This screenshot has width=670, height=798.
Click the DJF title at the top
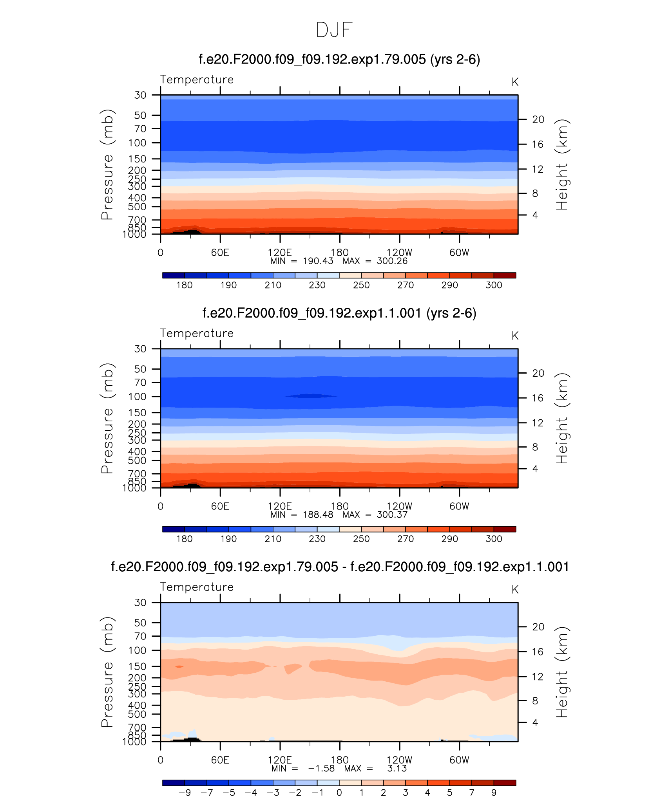tap(334, 30)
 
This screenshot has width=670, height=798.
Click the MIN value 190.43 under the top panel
tap(318, 261)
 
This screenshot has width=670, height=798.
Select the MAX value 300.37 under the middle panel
tap(392, 515)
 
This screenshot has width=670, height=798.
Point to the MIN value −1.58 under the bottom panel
tap(321, 769)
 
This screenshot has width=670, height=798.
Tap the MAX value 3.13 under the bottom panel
tap(397, 769)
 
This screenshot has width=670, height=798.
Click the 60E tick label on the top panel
tap(220, 253)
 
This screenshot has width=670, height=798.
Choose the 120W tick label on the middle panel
tap(399, 506)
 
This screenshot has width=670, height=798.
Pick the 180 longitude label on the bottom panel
tap(339, 760)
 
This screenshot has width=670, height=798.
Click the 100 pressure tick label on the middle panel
tap(137, 397)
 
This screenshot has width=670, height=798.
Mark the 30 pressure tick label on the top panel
tap(140, 95)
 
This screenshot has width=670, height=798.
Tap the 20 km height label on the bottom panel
tap(538, 627)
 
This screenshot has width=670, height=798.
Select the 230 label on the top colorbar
tap(317, 285)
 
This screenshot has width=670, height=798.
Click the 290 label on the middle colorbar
tap(449, 539)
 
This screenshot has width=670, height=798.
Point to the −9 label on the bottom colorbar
tap(185, 793)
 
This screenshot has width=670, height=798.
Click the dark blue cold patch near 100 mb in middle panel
tap(311, 396)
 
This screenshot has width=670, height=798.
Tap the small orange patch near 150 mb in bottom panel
tap(179, 666)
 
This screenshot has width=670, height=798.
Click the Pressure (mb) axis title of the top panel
tap(107, 164)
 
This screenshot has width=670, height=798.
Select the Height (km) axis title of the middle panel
tap(561, 418)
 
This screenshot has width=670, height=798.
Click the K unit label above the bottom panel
tap(515, 590)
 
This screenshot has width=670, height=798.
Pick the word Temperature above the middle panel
tap(197, 333)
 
